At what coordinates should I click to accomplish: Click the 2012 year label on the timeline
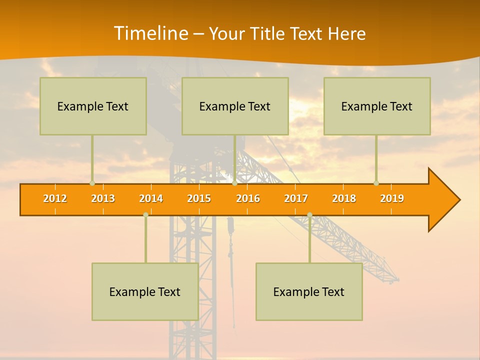pos(55,198)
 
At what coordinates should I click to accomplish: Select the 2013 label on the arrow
pos(103,198)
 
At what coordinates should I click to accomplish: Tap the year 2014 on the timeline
pos(151,198)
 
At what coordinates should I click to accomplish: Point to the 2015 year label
pos(199,198)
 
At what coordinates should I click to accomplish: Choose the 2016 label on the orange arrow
pos(248,198)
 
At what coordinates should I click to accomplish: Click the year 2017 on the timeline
pos(296,198)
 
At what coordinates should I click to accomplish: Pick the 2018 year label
pos(344,198)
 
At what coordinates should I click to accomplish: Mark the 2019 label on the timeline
pos(392,198)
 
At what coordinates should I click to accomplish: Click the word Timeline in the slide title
pos(150,33)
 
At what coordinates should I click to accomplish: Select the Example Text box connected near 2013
pos(93,106)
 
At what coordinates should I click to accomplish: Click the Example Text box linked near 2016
pos(235,106)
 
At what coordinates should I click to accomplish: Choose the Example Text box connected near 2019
pos(377,106)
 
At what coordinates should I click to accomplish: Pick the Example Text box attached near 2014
pos(145,292)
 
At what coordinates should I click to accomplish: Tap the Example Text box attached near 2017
pos(309,292)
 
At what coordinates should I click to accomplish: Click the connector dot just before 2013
pos(92,183)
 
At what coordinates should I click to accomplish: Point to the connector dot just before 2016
pos(234,183)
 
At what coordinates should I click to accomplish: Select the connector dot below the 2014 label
pos(145,214)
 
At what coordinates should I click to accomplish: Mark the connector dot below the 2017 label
pos(309,214)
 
